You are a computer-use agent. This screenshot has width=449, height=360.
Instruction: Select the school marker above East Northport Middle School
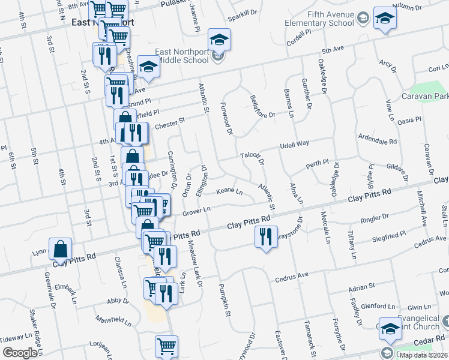219,40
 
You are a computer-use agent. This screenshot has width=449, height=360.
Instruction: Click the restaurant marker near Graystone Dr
265,237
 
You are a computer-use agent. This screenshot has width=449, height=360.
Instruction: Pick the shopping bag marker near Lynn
61,248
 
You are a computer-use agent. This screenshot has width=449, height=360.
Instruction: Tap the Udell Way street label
294,143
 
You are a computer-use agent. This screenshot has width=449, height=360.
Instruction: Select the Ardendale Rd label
377,142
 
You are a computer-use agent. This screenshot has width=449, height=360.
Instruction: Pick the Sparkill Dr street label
242,11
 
